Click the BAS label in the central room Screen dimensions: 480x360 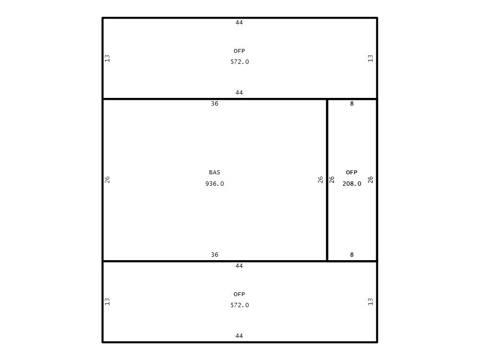tap(215, 172)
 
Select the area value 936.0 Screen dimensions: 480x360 tap(215, 184)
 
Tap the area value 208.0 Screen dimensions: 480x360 tap(352, 184)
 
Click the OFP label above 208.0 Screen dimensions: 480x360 tap(351, 172)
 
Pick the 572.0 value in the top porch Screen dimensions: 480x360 tap(240, 62)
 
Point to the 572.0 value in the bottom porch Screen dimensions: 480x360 tap(240, 305)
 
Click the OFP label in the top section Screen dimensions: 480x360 tap(240, 51)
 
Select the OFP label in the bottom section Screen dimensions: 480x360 tap(240, 294)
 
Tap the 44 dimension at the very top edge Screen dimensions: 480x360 tap(239, 23)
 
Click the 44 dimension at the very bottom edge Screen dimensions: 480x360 tap(239, 336)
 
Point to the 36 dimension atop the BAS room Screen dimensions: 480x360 tap(215, 104)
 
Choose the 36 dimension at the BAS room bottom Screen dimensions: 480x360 tap(215, 255)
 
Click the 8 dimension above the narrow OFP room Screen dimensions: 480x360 tap(352, 104)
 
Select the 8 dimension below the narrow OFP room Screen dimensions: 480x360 tap(352, 255)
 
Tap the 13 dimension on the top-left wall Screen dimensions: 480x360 tap(107, 58)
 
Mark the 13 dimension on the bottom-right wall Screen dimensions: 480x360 tap(371, 302)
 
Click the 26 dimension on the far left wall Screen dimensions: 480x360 tap(107, 180)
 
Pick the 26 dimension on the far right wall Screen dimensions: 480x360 tap(371, 180)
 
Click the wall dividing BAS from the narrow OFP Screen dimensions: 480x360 tap(327, 180)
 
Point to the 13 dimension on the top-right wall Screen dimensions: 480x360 tap(371, 58)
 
